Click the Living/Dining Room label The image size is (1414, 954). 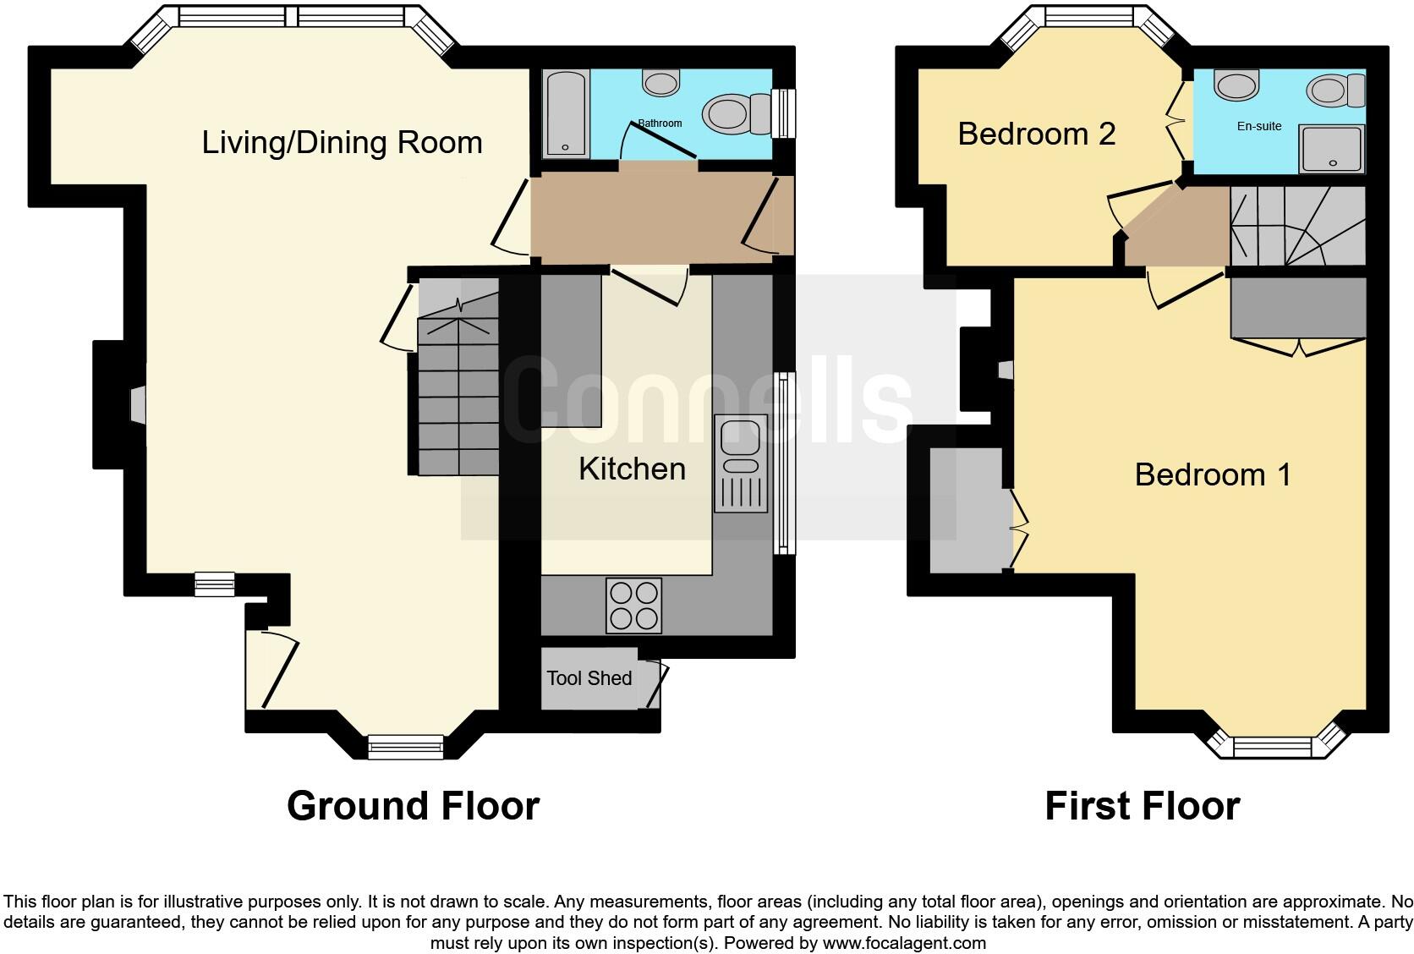(x=342, y=142)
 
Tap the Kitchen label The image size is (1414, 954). (x=632, y=469)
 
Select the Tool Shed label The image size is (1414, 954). (x=589, y=678)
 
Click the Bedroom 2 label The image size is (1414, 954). (x=1036, y=134)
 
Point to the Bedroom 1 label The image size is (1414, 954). (x=1213, y=474)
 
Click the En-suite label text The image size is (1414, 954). (x=1259, y=126)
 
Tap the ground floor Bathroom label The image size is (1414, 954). (x=660, y=123)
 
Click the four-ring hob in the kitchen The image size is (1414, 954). (x=633, y=606)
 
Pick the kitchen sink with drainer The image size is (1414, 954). (x=740, y=463)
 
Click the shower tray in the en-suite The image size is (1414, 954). (x=1332, y=149)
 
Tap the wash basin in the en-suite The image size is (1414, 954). (x=1236, y=85)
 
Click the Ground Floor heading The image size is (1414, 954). (x=413, y=806)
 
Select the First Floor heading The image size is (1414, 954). (x=1142, y=806)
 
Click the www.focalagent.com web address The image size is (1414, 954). (x=904, y=942)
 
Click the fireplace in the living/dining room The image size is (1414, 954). (x=137, y=404)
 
